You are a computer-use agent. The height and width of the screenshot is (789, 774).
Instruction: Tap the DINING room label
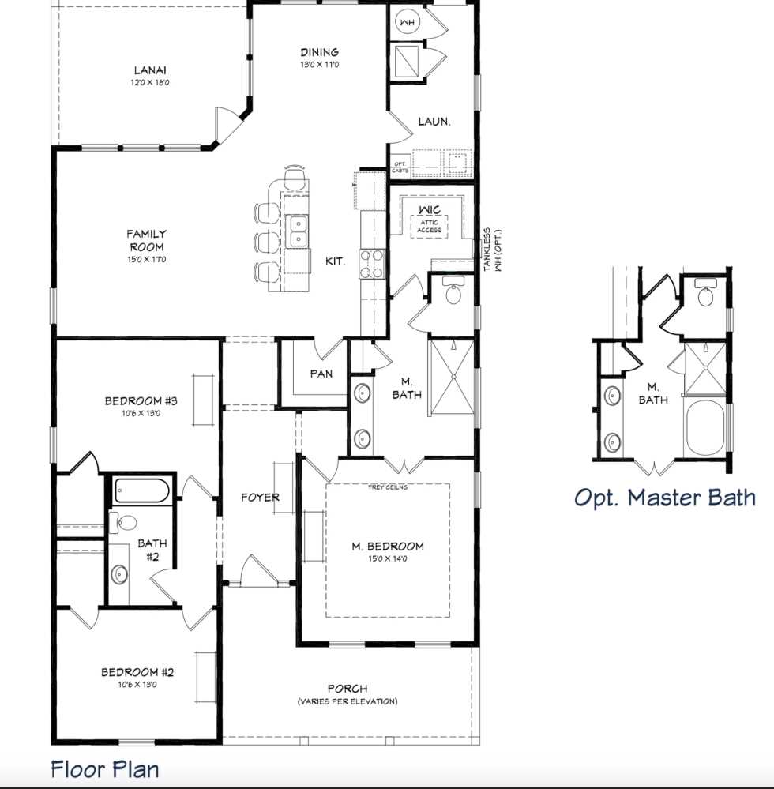coord(319,52)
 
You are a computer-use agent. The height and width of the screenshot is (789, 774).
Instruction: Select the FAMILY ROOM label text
coord(147,240)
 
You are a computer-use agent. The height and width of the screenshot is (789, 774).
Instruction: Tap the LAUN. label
coord(434,122)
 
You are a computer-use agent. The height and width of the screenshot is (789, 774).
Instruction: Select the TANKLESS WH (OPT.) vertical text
coord(492,250)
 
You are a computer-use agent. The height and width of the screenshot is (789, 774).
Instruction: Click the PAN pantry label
coord(321,373)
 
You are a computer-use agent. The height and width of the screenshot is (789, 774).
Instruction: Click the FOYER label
coord(260,497)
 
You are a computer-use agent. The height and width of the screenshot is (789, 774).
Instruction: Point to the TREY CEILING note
coord(388,487)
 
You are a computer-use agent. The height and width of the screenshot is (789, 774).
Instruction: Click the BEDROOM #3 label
coord(141,401)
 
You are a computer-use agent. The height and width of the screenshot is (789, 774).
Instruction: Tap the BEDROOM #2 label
coord(137,672)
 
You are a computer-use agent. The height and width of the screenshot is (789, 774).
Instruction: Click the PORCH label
coord(348,689)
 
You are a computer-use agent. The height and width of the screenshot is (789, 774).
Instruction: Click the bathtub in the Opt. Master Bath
coord(704,428)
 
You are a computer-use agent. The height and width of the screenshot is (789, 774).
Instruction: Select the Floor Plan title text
coord(105,768)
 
